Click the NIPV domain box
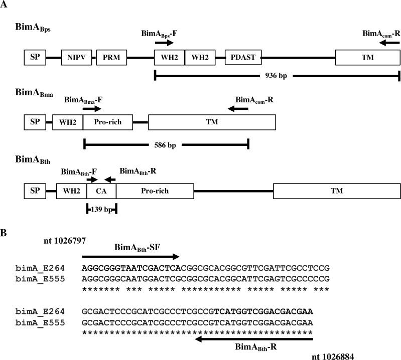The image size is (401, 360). pos(76,58)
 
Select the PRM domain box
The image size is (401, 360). pos(111,58)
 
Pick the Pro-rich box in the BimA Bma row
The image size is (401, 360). pos(108,121)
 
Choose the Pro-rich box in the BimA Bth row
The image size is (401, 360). pos(155,191)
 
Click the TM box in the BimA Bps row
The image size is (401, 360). pos(367,58)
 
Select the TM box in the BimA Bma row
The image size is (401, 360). pos(212,121)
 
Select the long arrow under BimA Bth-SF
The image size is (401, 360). pos(130,255)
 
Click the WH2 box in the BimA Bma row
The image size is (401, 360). pos(68,121)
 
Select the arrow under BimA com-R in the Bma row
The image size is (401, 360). pos(238,108)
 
